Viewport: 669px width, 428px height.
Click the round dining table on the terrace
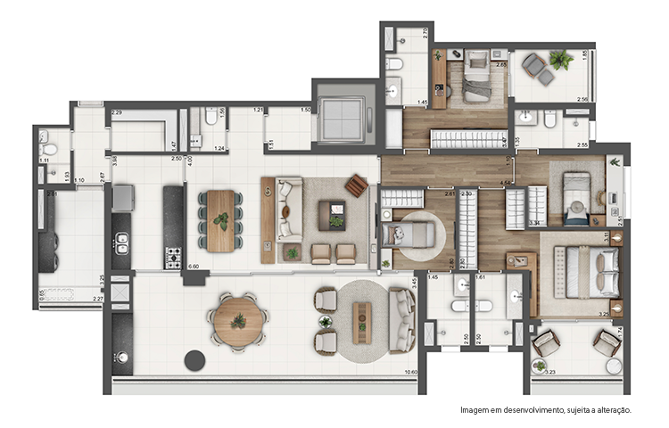coord(238,319)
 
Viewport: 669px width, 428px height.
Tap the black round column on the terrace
coord(194,360)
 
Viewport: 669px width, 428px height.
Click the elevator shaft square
coord(339,116)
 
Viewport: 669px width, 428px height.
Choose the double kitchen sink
coord(122,243)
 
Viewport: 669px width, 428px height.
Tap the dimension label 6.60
coord(194,266)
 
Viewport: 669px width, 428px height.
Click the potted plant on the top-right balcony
coord(561,61)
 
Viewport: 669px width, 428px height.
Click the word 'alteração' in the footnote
coord(610,410)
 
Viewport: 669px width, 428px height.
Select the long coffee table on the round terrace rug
coord(361,321)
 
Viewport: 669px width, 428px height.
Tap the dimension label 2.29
coord(116,113)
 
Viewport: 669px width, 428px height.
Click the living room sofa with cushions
coord(287,210)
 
